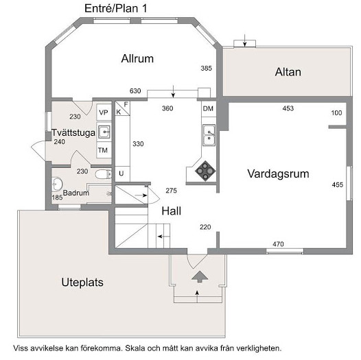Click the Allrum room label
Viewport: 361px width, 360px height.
coord(137,59)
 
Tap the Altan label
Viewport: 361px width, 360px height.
coord(288,72)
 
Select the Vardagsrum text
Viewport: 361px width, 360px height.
coord(278,173)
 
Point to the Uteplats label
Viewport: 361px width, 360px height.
coord(82,283)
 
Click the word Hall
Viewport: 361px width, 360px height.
coord(172,211)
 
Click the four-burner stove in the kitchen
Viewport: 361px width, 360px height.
coord(205,171)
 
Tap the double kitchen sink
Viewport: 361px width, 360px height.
coord(209,135)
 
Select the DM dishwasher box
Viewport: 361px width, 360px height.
coord(209,109)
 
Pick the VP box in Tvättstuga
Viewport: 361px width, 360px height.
coord(104,112)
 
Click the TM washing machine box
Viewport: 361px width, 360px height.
coord(104,150)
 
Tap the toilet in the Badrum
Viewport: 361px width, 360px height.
coord(104,174)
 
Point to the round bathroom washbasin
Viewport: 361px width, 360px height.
coord(57,184)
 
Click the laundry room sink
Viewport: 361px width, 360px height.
coord(104,132)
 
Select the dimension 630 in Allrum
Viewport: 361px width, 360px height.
coord(135,91)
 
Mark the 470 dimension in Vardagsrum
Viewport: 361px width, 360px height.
coord(278,244)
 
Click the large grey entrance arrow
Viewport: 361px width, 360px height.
coord(200,276)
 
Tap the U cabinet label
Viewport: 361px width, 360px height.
coord(121,173)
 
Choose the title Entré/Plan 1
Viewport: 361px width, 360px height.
coord(116,8)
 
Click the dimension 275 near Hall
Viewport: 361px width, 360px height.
coord(172,191)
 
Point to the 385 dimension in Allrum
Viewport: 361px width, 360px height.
coord(206,69)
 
